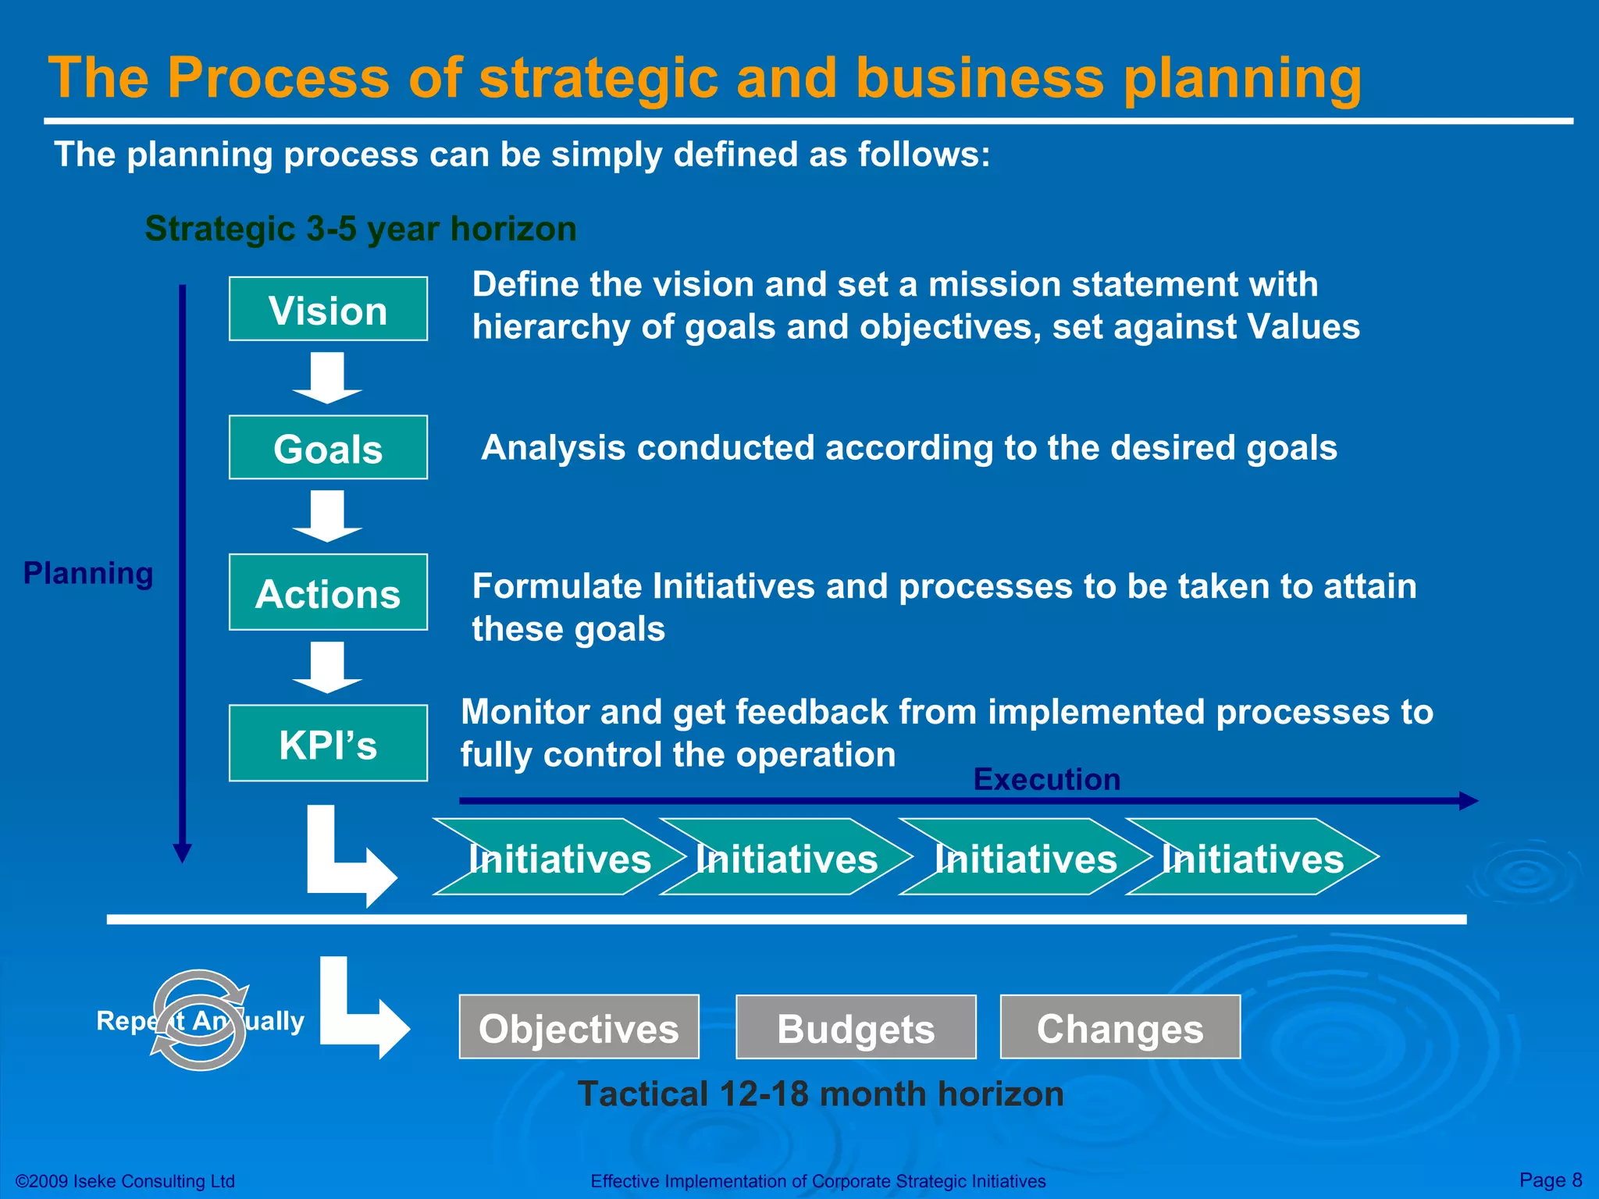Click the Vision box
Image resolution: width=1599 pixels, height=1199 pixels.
click(x=328, y=309)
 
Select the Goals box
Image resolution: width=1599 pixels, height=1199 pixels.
click(x=328, y=447)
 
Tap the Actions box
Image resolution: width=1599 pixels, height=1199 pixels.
click(x=328, y=592)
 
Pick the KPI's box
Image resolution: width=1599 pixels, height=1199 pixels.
click(x=328, y=743)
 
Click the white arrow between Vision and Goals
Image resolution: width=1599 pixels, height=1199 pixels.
click(x=327, y=377)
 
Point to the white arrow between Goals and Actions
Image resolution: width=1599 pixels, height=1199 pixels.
click(x=327, y=515)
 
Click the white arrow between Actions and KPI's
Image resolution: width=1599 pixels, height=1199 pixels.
click(x=327, y=667)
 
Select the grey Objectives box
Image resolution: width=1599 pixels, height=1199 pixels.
click(x=579, y=1027)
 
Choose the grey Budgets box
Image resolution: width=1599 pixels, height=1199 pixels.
click(x=856, y=1027)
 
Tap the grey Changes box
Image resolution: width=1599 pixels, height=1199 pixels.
click(x=1120, y=1027)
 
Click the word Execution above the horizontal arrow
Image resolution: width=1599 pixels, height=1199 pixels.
click(x=1046, y=780)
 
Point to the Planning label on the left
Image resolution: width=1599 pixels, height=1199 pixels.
click(x=88, y=573)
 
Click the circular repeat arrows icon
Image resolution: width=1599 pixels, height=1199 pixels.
click(x=200, y=1019)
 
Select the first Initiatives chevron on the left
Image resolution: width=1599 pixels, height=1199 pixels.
click(x=558, y=857)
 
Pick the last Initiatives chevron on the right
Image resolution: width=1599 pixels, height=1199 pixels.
click(x=1252, y=857)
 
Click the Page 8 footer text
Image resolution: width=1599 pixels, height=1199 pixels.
click(x=1550, y=1179)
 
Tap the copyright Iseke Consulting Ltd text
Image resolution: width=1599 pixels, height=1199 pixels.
click(x=125, y=1181)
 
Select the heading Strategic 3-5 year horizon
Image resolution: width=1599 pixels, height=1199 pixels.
click(x=361, y=229)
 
